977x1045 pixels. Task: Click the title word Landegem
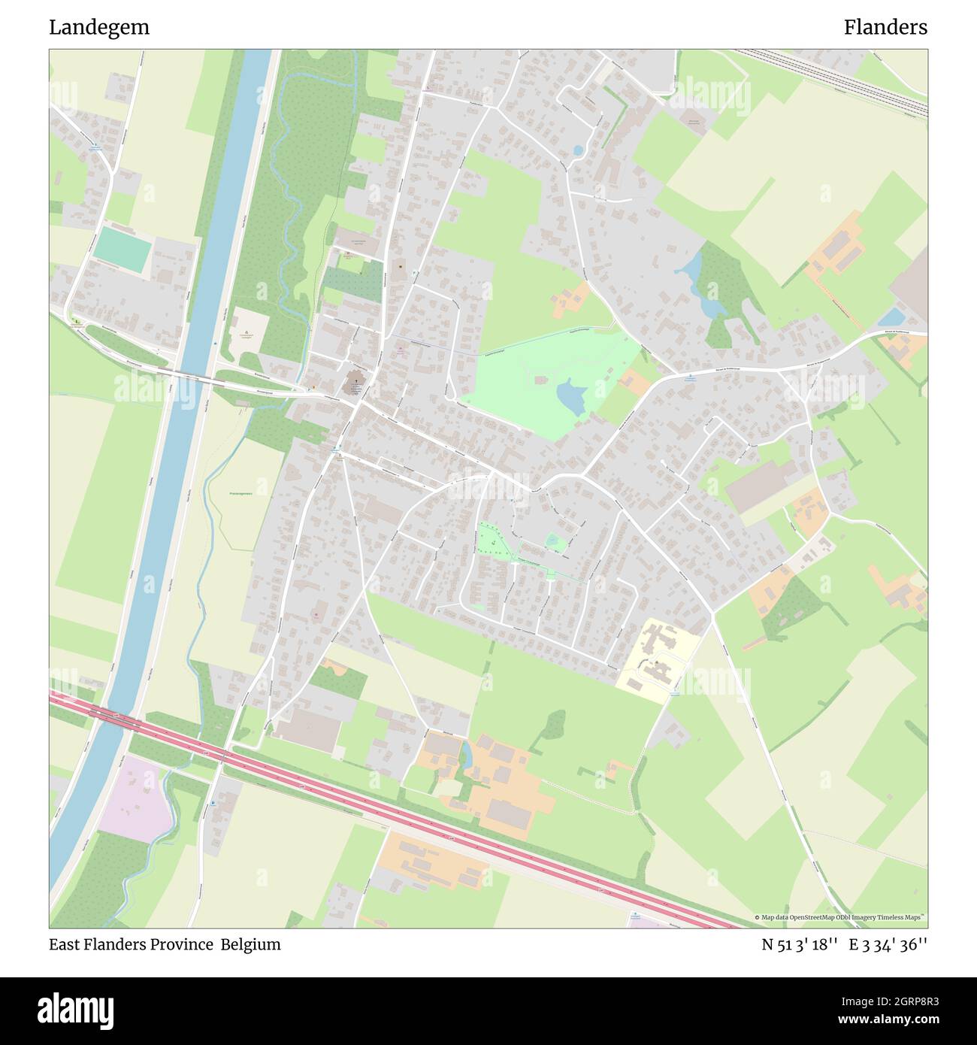pos(99,28)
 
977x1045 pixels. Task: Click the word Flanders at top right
pos(885,28)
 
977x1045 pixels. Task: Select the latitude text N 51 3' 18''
pos(800,945)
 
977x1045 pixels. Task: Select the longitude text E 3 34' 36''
pos(888,945)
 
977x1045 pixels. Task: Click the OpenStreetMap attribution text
pos(839,917)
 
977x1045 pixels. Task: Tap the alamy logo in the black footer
pos(76,1010)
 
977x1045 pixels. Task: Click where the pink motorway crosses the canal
pos(113,718)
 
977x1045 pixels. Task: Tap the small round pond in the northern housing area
pos(577,150)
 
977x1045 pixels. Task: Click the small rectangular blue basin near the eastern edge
pos(891,317)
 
